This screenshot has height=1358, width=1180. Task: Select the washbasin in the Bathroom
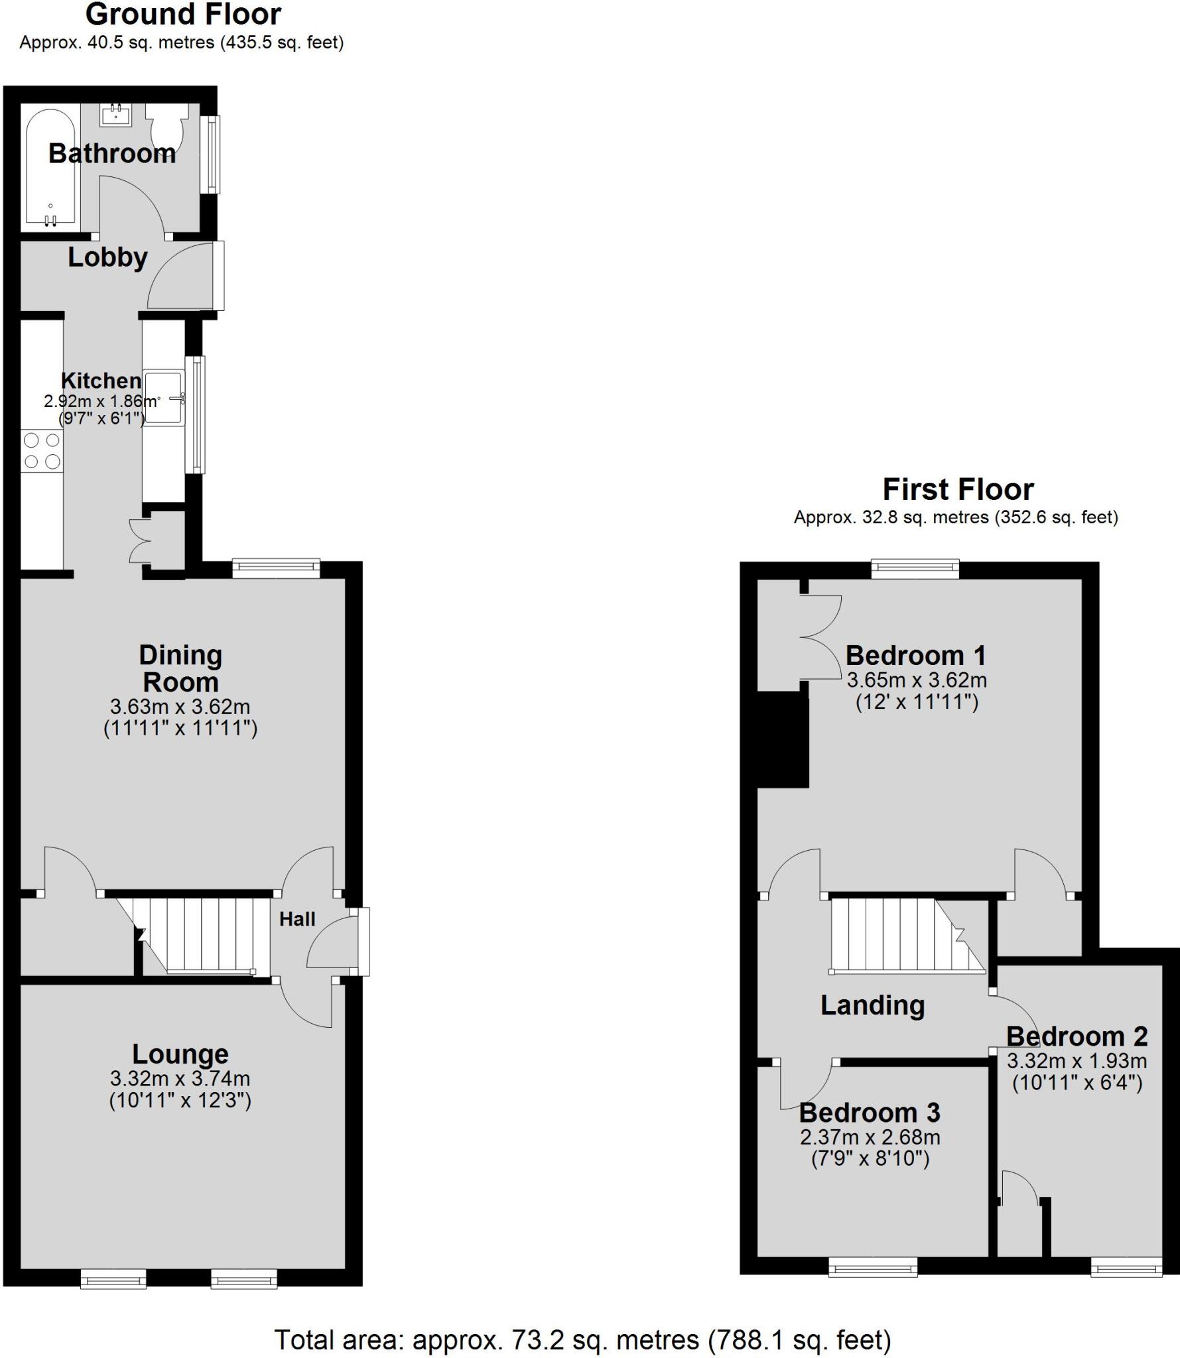pyautogui.click(x=116, y=115)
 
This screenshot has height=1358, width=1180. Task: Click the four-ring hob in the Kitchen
pyautogui.click(x=42, y=451)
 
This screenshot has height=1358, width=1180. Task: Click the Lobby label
pyautogui.click(x=107, y=257)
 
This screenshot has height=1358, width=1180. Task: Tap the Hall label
pyautogui.click(x=297, y=919)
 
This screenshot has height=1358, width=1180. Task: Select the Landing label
pyautogui.click(x=872, y=1005)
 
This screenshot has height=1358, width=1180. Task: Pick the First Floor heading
pyautogui.click(x=958, y=490)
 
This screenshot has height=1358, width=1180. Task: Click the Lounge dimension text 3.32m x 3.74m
pyautogui.click(x=180, y=1079)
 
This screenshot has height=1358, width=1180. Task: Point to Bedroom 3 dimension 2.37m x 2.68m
pyautogui.click(x=870, y=1137)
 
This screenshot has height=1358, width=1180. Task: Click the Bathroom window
pyautogui.click(x=212, y=154)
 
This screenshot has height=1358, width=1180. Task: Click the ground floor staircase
pyautogui.click(x=199, y=935)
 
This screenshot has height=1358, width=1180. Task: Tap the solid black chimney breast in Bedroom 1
pyautogui.click(x=783, y=739)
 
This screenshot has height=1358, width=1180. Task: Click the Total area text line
pyautogui.click(x=582, y=1340)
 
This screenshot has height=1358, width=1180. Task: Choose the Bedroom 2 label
pyautogui.click(x=1077, y=1036)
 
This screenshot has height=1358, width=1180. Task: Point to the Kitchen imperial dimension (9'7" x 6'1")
pyautogui.click(x=101, y=418)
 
